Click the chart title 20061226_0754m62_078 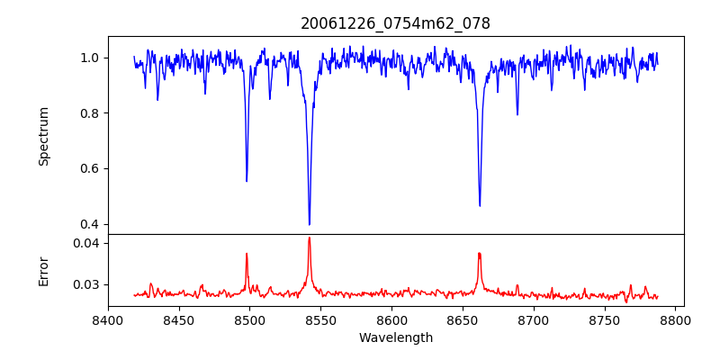(x=395, y=23)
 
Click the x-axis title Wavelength (x=395, y=337)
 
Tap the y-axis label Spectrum (x=44, y=135)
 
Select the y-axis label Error (x=44, y=270)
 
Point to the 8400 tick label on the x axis (x=108, y=319)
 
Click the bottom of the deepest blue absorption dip (x=310, y=224)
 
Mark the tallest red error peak (x=310, y=238)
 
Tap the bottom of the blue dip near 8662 (x=480, y=205)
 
